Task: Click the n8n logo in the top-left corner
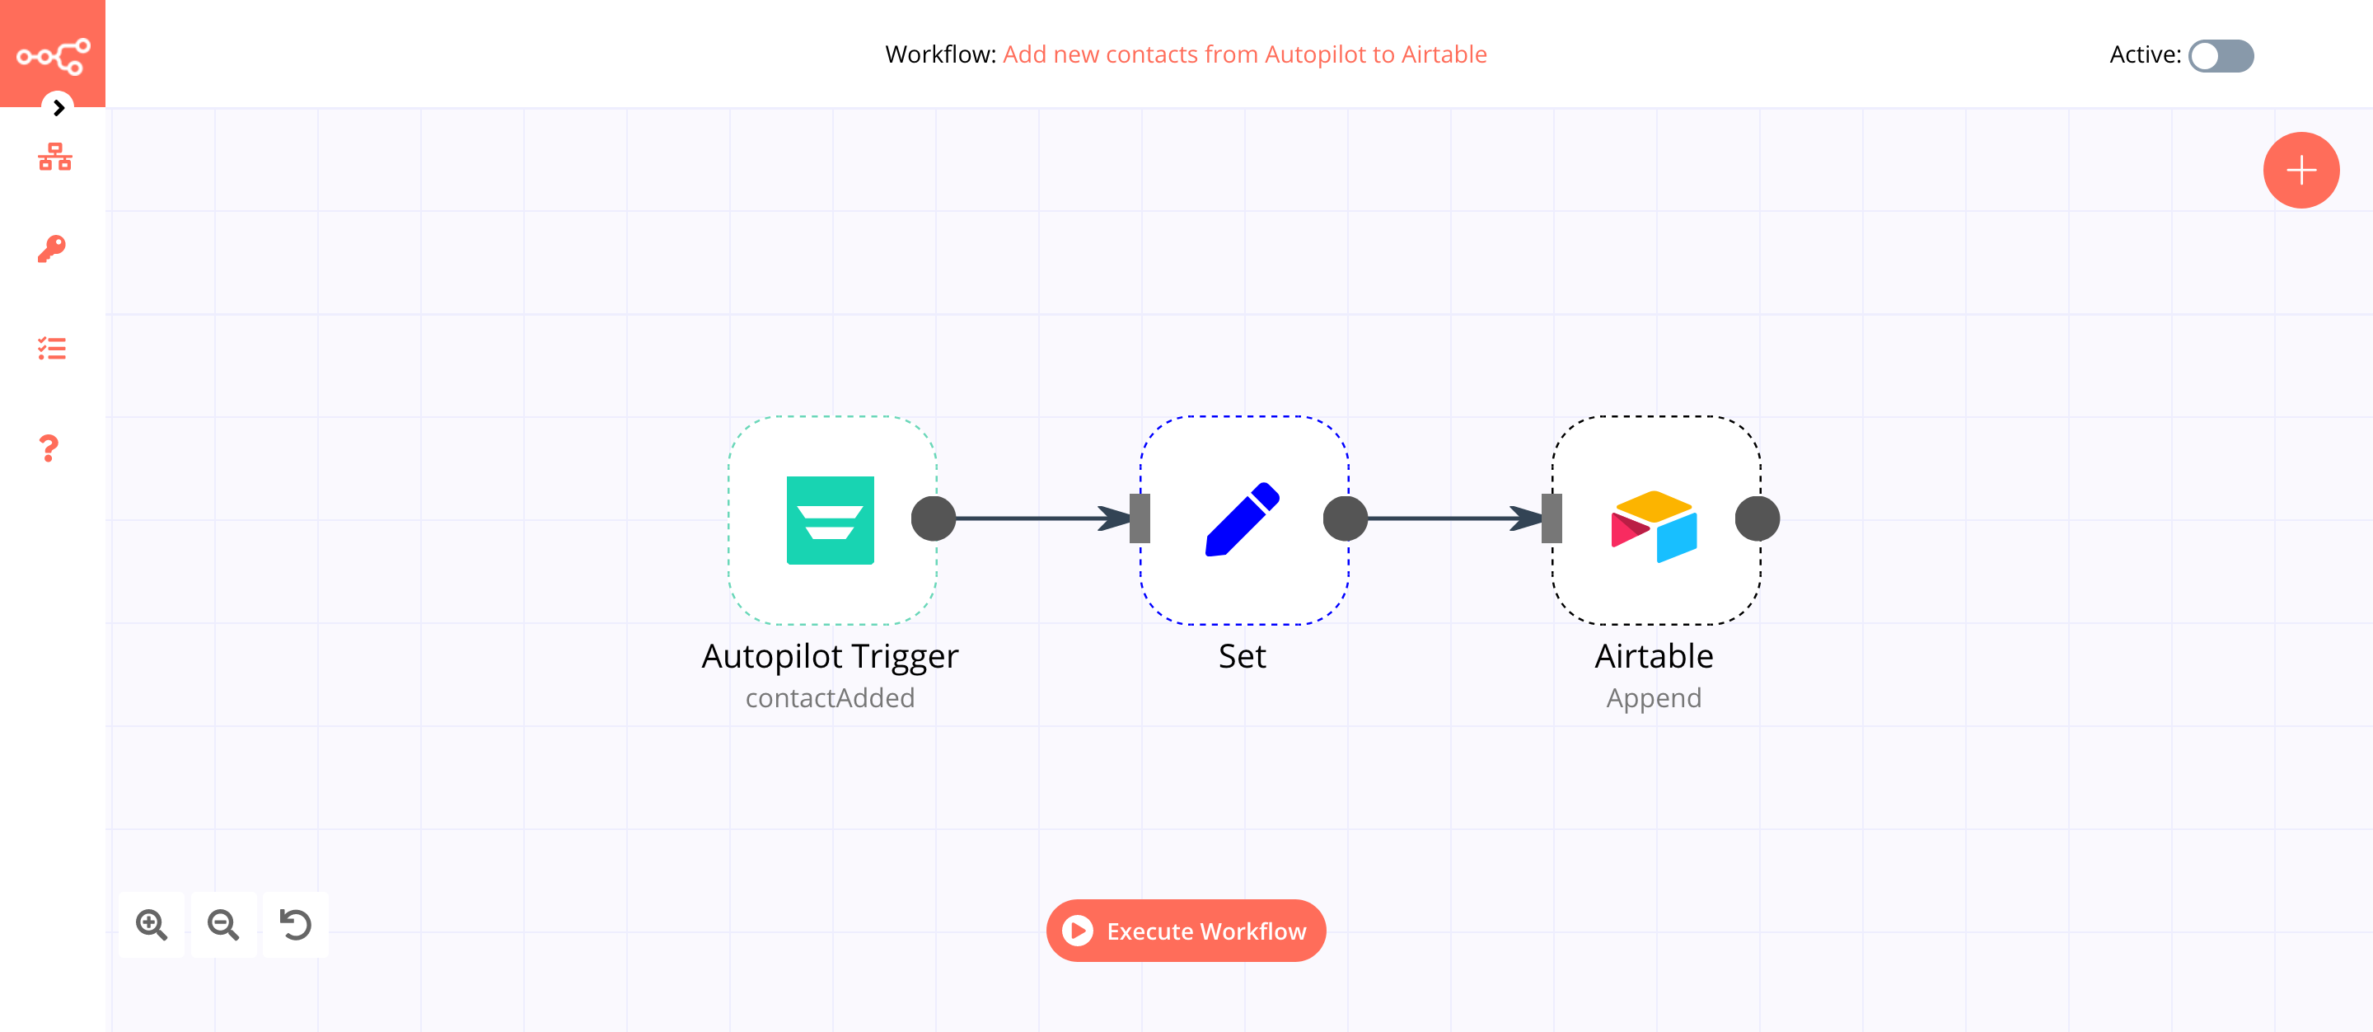(53, 55)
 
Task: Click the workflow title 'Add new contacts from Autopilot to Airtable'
(1243, 54)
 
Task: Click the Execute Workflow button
(1186, 931)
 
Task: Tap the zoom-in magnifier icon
(152, 924)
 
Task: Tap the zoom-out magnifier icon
(224, 924)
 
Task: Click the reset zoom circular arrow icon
(296, 924)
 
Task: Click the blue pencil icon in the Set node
(1242, 519)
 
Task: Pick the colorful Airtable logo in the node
(1654, 525)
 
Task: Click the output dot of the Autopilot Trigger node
(934, 518)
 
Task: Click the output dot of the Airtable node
(1757, 518)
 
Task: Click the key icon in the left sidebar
(52, 248)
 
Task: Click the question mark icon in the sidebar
(49, 448)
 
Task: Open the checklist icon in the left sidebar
(52, 349)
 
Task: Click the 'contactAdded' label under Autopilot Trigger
(829, 697)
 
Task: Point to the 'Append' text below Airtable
(1654, 697)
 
